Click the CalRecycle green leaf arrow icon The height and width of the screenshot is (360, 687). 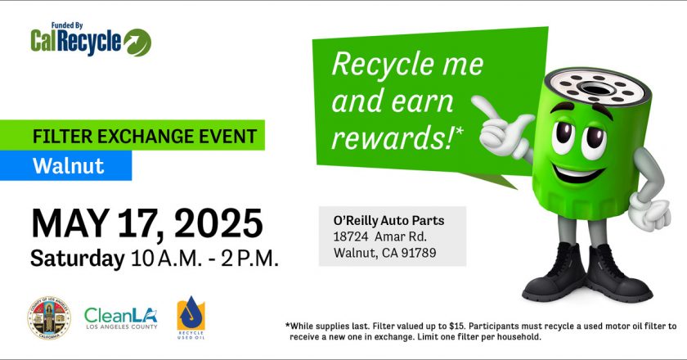(x=137, y=43)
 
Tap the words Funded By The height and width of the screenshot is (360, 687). (x=67, y=26)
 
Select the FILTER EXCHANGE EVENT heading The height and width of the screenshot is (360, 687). (x=145, y=137)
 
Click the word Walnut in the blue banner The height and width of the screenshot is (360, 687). (x=69, y=166)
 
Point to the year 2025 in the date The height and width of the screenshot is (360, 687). (x=218, y=223)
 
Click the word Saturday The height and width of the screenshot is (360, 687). (x=78, y=259)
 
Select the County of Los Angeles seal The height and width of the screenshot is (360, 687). (x=49, y=318)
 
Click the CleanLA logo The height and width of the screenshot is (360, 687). (x=121, y=318)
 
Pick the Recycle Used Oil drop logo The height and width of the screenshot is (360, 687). (x=191, y=317)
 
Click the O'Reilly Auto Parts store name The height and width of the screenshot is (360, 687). (x=388, y=221)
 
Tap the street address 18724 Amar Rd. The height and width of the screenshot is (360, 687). (x=379, y=236)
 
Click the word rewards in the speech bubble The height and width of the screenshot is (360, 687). (x=392, y=137)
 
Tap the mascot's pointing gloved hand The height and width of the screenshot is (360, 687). (x=503, y=124)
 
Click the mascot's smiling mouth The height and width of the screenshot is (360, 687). (x=578, y=173)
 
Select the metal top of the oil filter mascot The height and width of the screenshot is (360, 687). (x=596, y=87)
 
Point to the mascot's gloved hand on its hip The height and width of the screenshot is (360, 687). (x=651, y=212)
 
